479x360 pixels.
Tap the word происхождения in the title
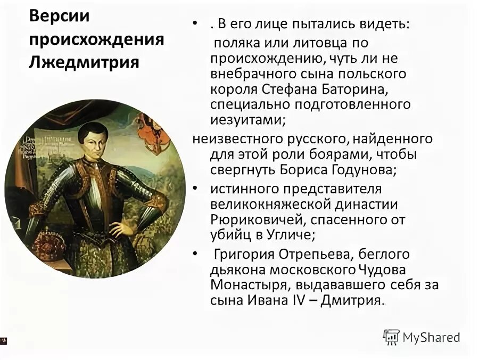[96, 40]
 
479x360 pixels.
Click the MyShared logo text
[431, 337]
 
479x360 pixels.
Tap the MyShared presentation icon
[391, 337]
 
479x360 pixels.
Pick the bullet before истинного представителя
[196, 189]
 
